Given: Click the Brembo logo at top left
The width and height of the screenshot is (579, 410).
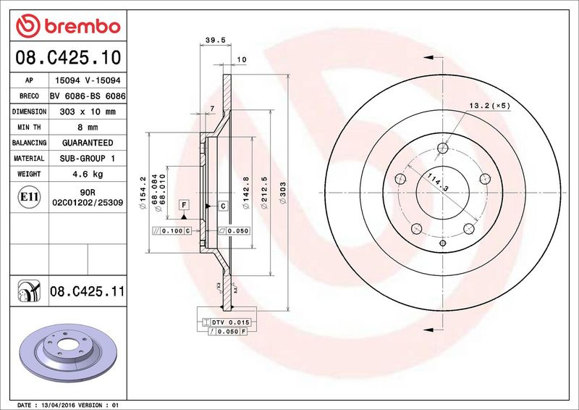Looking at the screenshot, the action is coord(68,26).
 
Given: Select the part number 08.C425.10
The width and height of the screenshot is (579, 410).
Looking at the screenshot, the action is coord(68,57).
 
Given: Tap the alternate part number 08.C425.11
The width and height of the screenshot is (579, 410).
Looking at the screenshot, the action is coord(87,291).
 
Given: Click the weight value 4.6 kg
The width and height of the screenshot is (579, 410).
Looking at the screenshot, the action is coord(88,174).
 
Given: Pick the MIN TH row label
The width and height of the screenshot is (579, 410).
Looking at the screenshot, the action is coord(29,127).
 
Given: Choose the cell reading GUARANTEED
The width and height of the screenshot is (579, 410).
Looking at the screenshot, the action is coord(88,143).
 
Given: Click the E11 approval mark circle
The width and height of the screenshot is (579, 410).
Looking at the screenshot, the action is coord(29,197).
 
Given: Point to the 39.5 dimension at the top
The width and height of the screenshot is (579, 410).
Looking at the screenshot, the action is coord(215,41).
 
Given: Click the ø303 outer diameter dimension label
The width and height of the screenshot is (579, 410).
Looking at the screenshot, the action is coord(283,193).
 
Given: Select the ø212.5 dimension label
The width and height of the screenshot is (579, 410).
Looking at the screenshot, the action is coord(264,193).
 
